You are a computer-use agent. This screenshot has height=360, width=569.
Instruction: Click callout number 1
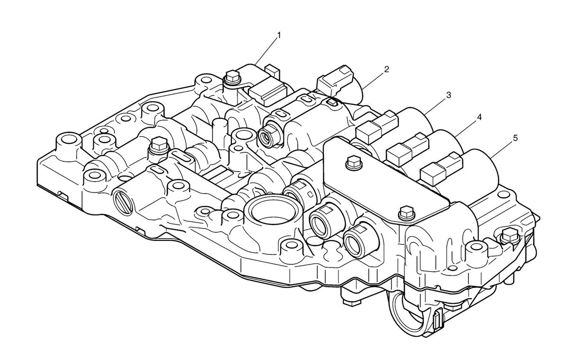(279, 35)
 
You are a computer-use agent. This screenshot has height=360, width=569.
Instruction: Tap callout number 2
(386, 69)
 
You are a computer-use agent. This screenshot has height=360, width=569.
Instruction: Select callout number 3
(449, 95)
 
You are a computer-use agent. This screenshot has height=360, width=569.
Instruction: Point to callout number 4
(479, 117)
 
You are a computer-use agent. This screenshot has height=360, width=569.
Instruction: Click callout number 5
(515, 138)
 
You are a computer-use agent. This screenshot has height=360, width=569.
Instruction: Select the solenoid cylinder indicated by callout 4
(445, 146)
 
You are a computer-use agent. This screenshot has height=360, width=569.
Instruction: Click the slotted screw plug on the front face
(123, 202)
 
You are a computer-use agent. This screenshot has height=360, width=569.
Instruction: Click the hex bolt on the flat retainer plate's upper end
(354, 162)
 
